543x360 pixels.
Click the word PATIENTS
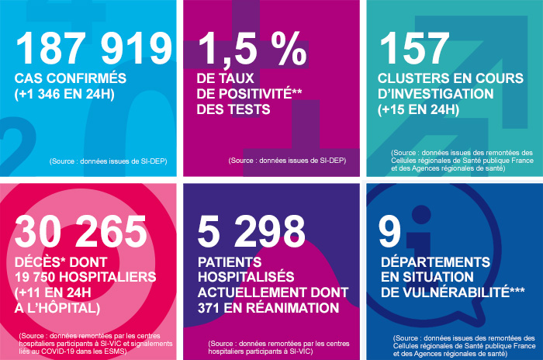click(x=230, y=262)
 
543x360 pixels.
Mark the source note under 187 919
click(x=108, y=161)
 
